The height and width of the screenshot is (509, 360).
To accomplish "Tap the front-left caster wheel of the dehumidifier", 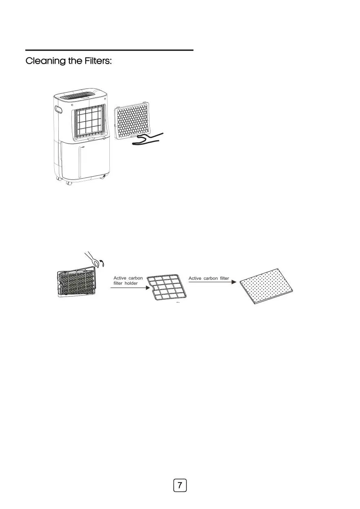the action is [69, 183].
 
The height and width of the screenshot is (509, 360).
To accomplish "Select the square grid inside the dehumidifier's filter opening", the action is [90, 122].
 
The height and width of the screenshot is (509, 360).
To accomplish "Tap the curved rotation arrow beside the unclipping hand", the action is [103, 264].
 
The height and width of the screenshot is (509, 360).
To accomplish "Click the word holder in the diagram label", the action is [131, 283].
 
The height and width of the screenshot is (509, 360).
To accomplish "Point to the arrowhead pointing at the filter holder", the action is [148, 288].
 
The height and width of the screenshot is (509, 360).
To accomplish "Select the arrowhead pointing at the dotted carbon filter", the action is [234, 282].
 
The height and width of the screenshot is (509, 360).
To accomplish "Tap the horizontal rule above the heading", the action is [109, 50].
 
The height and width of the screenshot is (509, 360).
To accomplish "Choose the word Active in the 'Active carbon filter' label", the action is [195, 278].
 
